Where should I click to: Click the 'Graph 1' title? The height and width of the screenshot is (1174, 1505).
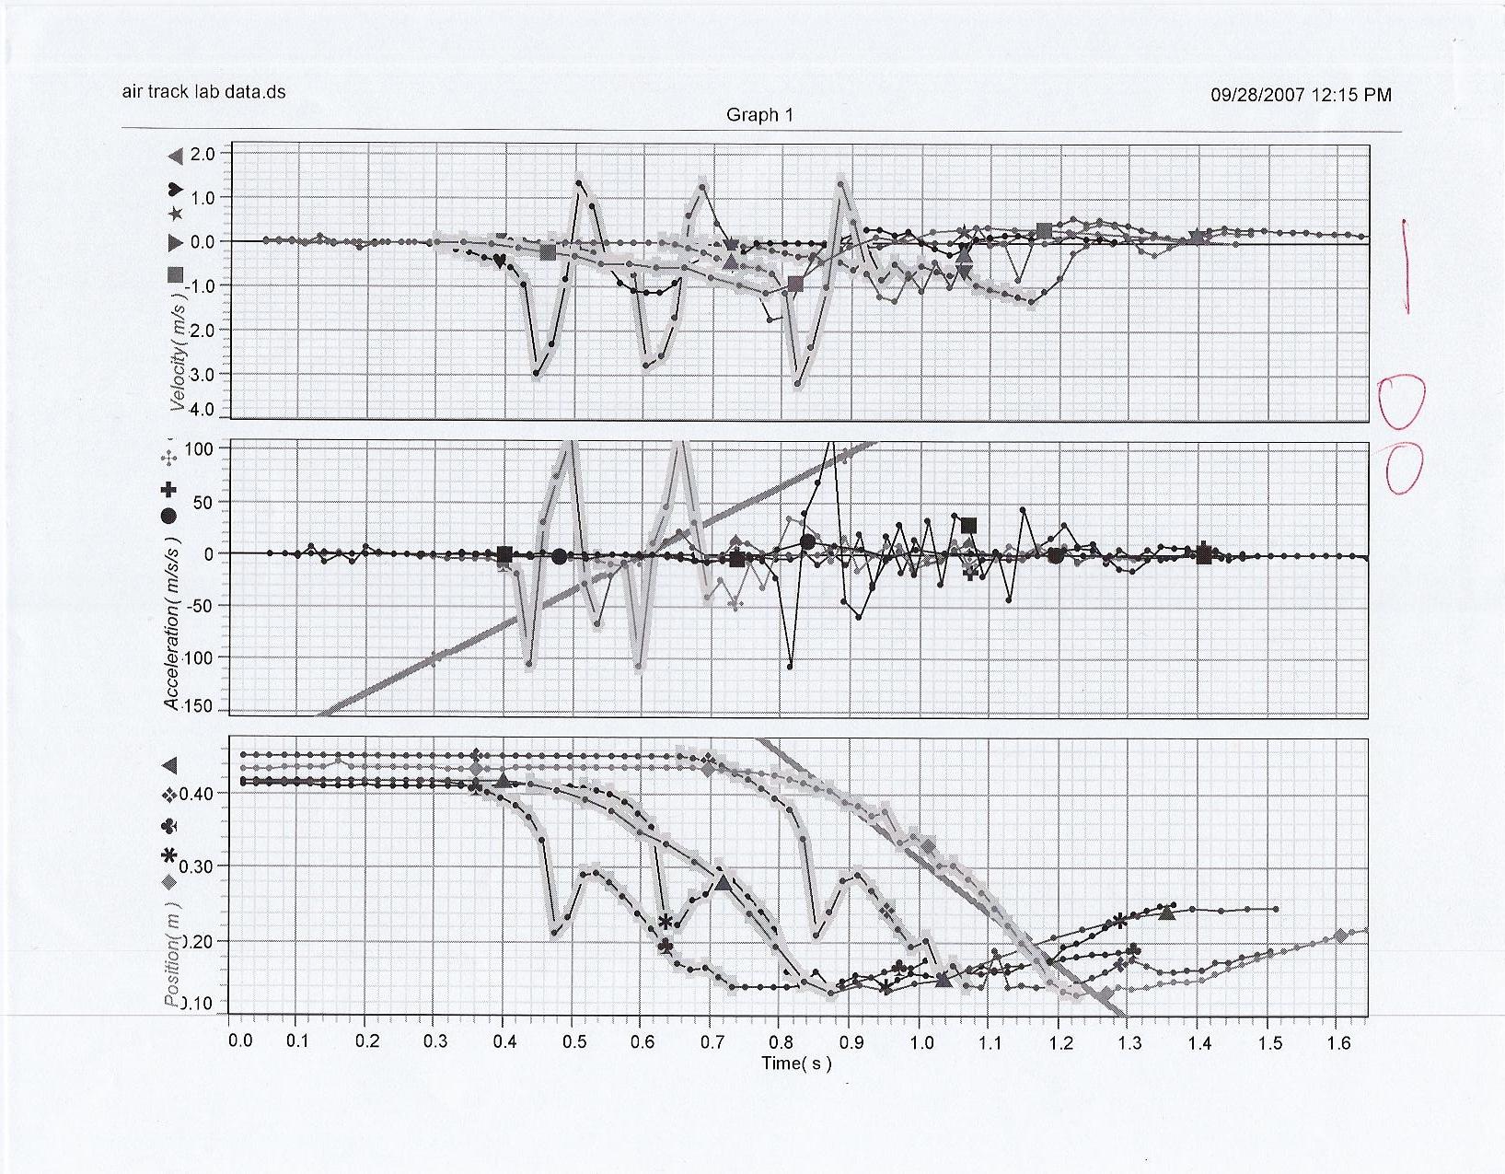pyautogui.click(x=759, y=115)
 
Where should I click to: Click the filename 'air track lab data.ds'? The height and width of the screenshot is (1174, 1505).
pyautogui.click(x=203, y=91)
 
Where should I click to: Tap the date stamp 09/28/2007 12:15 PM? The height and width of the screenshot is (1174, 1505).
pyautogui.click(x=1301, y=94)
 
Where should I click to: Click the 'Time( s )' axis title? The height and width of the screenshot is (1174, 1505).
pyautogui.click(x=796, y=1064)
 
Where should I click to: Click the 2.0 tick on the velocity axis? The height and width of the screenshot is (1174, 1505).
pyautogui.click(x=203, y=154)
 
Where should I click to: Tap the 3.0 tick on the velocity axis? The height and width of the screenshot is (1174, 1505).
pyautogui.click(x=203, y=375)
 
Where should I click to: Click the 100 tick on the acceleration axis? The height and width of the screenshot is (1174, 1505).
pyautogui.click(x=199, y=448)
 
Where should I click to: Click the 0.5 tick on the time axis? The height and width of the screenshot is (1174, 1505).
pyautogui.click(x=574, y=1042)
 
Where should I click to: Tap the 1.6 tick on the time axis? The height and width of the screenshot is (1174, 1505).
pyautogui.click(x=1339, y=1042)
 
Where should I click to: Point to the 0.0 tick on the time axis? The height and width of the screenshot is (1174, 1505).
pyautogui.click(x=240, y=1042)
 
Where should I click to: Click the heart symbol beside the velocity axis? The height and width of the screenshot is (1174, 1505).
pyautogui.click(x=175, y=190)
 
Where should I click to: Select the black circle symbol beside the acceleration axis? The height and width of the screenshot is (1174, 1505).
pyautogui.click(x=168, y=516)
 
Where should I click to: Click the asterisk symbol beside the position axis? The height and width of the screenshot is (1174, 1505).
pyautogui.click(x=169, y=856)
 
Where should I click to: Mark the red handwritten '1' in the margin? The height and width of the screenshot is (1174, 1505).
pyautogui.click(x=1407, y=266)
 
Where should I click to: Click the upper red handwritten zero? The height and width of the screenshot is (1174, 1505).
pyautogui.click(x=1401, y=401)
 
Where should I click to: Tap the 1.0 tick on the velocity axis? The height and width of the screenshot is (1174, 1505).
pyautogui.click(x=203, y=198)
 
